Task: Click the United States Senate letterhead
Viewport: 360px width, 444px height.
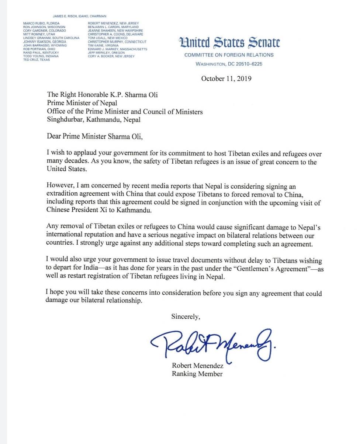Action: tap(229, 43)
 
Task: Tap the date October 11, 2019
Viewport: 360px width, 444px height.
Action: tap(226, 78)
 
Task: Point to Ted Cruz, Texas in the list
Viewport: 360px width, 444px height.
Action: tap(37, 59)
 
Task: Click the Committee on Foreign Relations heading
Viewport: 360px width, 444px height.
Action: tap(229, 55)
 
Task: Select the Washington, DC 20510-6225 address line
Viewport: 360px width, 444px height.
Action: tap(229, 64)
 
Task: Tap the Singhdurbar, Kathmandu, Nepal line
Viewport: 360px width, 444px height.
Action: tap(94, 119)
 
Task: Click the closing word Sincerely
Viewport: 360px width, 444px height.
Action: tap(186, 316)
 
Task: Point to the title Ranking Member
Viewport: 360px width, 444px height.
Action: tap(197, 374)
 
